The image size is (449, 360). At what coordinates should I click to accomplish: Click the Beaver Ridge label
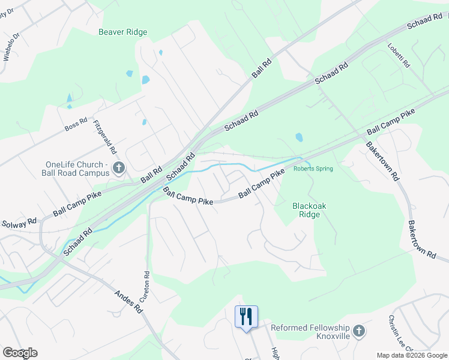click(122, 32)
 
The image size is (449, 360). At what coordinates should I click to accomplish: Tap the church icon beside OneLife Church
click(118, 168)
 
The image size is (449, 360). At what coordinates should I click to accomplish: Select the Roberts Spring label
click(313, 169)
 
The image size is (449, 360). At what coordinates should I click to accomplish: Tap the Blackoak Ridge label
click(309, 209)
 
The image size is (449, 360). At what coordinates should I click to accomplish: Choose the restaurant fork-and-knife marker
click(246, 316)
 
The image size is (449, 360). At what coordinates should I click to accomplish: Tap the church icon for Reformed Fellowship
click(358, 331)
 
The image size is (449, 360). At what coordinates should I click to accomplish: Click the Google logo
click(19, 353)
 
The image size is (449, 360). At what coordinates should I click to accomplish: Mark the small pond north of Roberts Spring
click(299, 138)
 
